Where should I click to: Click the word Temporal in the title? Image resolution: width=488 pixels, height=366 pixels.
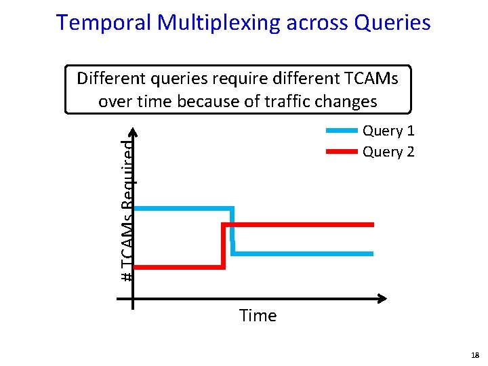104,22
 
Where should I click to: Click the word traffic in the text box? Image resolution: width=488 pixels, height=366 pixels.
277,102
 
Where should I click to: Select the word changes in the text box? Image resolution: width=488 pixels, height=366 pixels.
344,102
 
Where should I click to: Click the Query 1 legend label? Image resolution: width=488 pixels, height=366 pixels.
388,131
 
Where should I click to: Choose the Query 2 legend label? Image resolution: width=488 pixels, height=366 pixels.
388,152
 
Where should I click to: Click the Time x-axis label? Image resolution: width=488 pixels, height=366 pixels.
258,316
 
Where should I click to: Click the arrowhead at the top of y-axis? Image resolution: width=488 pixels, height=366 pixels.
134,132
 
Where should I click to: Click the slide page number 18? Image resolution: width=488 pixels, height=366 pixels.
474,354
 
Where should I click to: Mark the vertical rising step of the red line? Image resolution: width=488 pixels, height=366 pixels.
223,245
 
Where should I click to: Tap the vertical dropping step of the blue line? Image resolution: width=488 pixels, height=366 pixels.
232,230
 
